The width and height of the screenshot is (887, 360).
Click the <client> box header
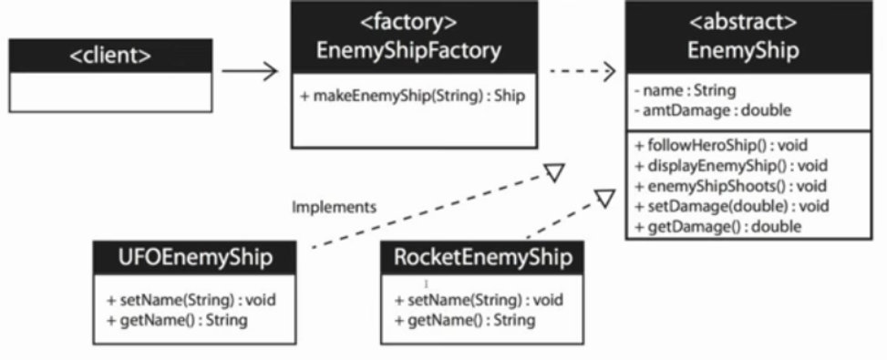[111, 56]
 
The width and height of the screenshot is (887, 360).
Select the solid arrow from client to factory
[247, 70]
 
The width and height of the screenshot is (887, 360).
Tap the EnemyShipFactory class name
[408, 51]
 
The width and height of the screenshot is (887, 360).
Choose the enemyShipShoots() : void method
[723, 185]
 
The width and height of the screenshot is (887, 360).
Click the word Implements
[334, 207]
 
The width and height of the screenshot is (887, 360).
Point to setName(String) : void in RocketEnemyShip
[479, 300]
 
